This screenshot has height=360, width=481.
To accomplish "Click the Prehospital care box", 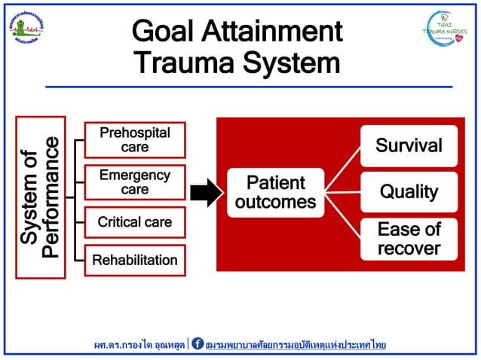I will tap(135, 139).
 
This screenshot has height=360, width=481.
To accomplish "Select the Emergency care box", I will tap(135, 182).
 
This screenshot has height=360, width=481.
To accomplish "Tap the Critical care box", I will tap(135, 222).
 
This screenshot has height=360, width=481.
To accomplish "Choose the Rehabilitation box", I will tap(135, 261).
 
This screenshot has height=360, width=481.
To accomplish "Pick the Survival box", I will tap(409, 145).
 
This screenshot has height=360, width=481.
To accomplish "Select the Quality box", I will tap(409, 192).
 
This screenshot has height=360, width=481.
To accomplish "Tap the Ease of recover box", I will tap(409, 239).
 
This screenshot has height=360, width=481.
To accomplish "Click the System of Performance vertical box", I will tap(40, 197).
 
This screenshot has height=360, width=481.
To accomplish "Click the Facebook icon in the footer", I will tap(198, 343).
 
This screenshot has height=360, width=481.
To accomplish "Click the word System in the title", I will tap(292, 63).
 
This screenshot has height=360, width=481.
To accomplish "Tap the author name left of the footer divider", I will tap(139, 344).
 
